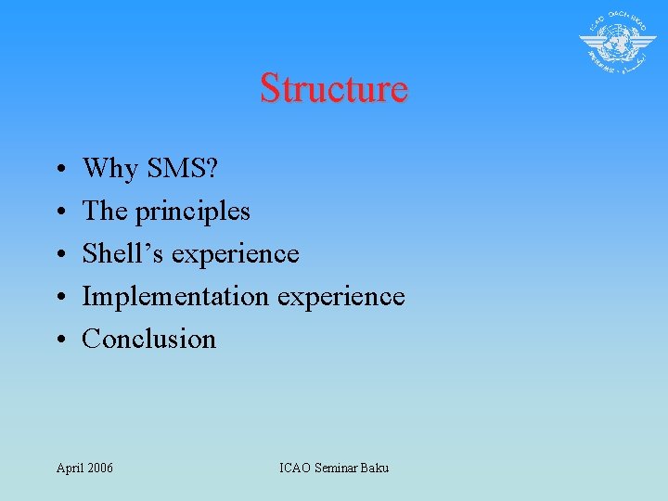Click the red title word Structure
point(333,88)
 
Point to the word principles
point(193,212)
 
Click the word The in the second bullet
point(105,212)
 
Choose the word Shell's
point(123,253)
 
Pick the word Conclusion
point(149,339)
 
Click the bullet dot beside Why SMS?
point(58,171)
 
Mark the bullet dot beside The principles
point(58,213)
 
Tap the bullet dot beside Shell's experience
point(58,255)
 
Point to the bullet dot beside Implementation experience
point(58,298)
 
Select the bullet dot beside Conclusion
point(58,340)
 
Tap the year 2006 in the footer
point(99,468)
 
